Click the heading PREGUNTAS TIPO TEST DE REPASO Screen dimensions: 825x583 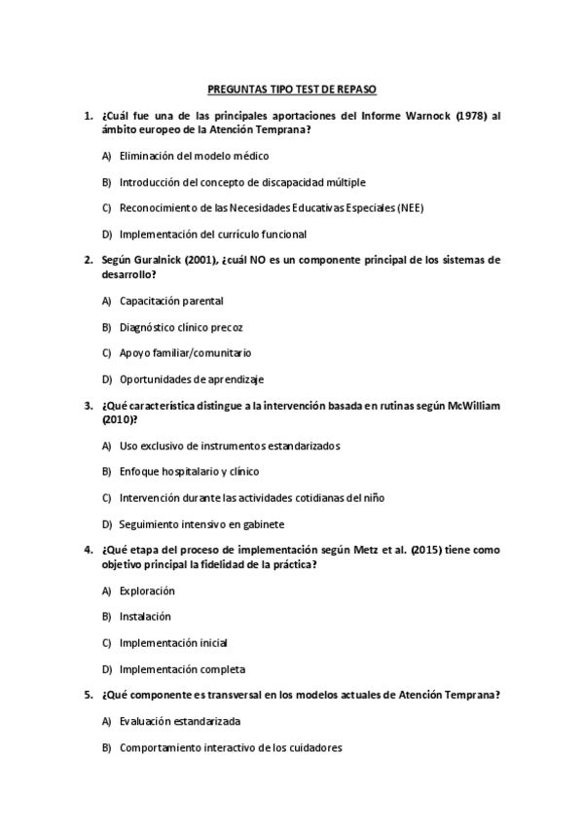(x=291, y=88)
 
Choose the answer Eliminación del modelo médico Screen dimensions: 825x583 (x=194, y=156)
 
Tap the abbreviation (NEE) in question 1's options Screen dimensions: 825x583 (x=410, y=207)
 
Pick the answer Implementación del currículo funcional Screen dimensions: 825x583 (x=212, y=233)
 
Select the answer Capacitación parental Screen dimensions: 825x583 (x=170, y=301)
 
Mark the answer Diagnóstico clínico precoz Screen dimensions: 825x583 (x=181, y=327)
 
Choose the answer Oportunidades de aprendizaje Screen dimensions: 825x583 (x=192, y=379)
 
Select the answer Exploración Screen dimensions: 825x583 (x=147, y=591)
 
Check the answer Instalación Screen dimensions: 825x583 (x=145, y=616)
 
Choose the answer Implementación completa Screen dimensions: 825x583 (x=182, y=668)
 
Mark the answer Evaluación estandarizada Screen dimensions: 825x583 (x=180, y=722)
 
